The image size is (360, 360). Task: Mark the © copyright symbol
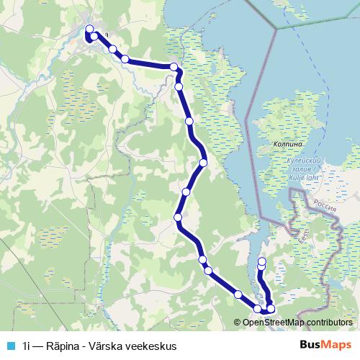[238, 323]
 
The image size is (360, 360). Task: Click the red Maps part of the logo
[335, 344]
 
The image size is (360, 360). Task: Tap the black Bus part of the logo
[310, 344]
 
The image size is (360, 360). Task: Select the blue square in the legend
[10, 345]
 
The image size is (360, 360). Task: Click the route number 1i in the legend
[27, 345]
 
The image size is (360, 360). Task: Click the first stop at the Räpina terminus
[89, 30]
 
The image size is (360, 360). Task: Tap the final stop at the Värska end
[261, 261]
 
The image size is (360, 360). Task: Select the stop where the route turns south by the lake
[174, 67]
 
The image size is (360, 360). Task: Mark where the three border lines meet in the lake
[276, 30]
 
